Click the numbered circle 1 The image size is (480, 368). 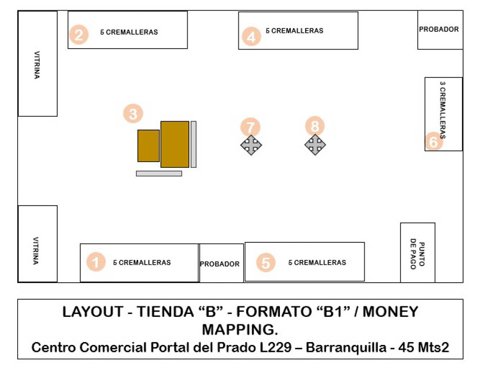tap(96, 262)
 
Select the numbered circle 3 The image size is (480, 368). tap(133, 113)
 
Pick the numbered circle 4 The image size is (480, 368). tap(250, 37)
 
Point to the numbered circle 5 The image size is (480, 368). tap(265, 263)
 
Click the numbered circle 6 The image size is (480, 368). tap(434, 141)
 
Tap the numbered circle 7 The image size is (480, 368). tap(250, 127)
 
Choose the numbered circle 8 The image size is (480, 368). tap(314, 126)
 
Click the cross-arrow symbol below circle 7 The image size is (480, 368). tap(251, 145)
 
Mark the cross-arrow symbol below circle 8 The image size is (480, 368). tap(315, 145)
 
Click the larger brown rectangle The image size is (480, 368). tap(175, 144)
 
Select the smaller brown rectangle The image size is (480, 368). tap(148, 145)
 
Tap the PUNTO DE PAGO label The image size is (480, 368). tap(417, 254)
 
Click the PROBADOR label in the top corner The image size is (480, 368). tap(439, 29)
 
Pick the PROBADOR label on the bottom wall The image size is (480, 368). tap(220, 264)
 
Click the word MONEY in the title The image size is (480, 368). tap(389, 312)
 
